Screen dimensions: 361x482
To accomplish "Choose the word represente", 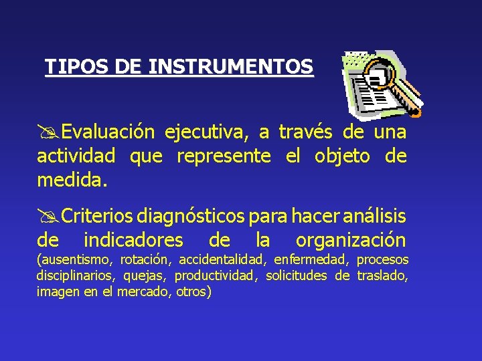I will tap(224, 156).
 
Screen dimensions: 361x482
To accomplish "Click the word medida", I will tap(72, 180).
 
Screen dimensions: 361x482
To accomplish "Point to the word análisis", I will tap(375, 216).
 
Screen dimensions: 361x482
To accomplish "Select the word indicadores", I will tap(133, 239).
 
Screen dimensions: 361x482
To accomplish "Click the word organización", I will tap(351, 239).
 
